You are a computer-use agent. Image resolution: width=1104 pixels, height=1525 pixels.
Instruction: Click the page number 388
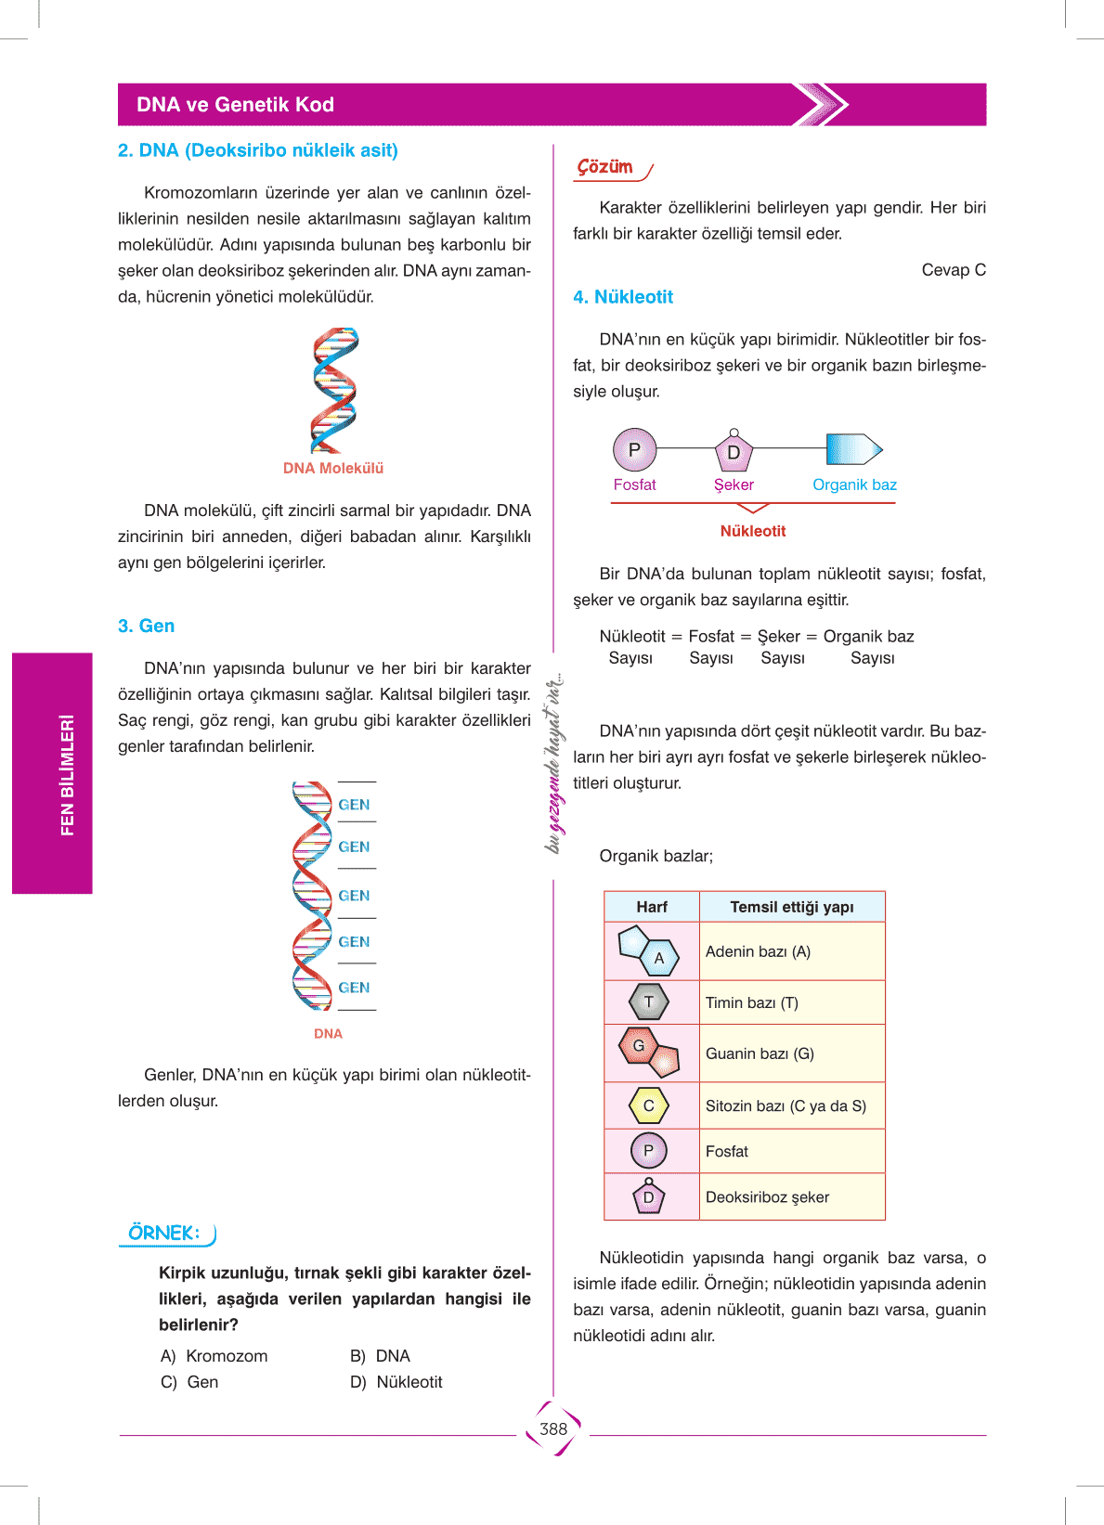553,1429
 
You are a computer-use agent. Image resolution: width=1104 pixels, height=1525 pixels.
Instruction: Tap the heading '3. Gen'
147,627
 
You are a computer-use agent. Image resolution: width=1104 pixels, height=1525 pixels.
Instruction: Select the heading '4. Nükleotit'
623,297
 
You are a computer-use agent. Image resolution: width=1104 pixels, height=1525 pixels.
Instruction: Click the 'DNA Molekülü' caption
333,469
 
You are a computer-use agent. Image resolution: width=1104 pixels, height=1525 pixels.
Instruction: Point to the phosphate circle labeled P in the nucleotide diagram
635,450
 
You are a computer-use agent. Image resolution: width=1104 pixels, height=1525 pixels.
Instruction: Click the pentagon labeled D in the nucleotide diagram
734,452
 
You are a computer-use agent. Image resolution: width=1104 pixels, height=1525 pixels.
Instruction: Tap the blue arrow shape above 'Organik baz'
853,449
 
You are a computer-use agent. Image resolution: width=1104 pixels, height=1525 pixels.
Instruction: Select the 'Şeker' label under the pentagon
734,485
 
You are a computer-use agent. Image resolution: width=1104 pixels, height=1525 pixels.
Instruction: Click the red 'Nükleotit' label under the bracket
753,531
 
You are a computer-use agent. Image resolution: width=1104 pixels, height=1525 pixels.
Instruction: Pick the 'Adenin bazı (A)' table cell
791,951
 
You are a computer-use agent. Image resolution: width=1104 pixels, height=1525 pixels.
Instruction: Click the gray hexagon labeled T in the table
649,1002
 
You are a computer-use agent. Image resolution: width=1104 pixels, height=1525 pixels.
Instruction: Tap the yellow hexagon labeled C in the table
649,1105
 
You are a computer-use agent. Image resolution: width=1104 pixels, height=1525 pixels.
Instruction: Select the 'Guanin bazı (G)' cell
791,1053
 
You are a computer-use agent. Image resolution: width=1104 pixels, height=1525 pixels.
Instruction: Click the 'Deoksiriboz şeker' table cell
791,1197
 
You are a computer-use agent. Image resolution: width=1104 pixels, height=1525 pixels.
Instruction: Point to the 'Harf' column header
652,907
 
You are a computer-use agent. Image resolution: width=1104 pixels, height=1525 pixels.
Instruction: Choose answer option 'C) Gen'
190,1382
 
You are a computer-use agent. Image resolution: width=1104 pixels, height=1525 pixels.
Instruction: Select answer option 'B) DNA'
381,1356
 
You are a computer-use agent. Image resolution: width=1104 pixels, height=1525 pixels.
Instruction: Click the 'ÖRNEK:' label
164,1233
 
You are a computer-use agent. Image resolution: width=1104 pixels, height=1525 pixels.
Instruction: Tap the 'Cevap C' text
954,270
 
